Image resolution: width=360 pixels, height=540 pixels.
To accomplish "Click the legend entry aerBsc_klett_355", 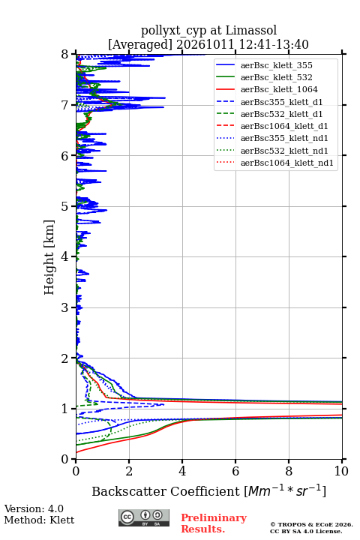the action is coord(276,65).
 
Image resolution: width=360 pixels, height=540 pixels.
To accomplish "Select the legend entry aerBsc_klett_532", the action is coord(276,77).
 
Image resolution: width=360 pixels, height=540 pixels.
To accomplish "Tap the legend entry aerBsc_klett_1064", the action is coord(279,89).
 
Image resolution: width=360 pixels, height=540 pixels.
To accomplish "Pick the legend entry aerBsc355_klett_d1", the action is coord(281,102).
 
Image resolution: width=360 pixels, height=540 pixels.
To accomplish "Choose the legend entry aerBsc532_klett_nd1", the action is coord(284,151).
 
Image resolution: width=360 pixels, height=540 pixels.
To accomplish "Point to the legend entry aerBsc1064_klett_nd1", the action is coord(287,163).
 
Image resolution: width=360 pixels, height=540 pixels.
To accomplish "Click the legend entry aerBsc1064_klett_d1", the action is coord(284,126).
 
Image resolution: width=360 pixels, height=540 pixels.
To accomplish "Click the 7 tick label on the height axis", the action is coord(64,105).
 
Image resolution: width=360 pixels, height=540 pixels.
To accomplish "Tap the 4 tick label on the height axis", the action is coord(64,256).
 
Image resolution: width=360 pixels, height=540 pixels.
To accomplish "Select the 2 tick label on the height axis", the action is coord(64,358).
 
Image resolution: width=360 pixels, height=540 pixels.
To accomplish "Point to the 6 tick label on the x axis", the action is coord(235,471).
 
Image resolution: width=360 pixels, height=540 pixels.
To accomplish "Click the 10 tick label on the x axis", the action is coord(342,471).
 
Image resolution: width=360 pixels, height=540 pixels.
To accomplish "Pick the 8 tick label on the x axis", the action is coord(289,471).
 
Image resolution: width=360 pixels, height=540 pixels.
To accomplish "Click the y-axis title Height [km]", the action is coord(49,257).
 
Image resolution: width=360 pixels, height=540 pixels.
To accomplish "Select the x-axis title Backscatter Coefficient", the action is coord(166,491).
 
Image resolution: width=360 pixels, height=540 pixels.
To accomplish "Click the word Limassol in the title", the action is coord(251,31).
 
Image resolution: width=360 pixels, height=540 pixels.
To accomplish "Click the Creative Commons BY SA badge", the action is coord(144,517).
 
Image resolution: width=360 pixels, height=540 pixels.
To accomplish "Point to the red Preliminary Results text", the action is coord(214,523).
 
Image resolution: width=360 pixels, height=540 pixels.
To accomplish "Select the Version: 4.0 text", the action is coord(34,508).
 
